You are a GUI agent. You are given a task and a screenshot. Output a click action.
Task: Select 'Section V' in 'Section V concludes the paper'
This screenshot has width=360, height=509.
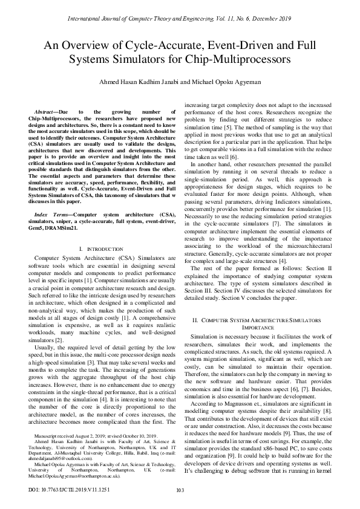(242, 298)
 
